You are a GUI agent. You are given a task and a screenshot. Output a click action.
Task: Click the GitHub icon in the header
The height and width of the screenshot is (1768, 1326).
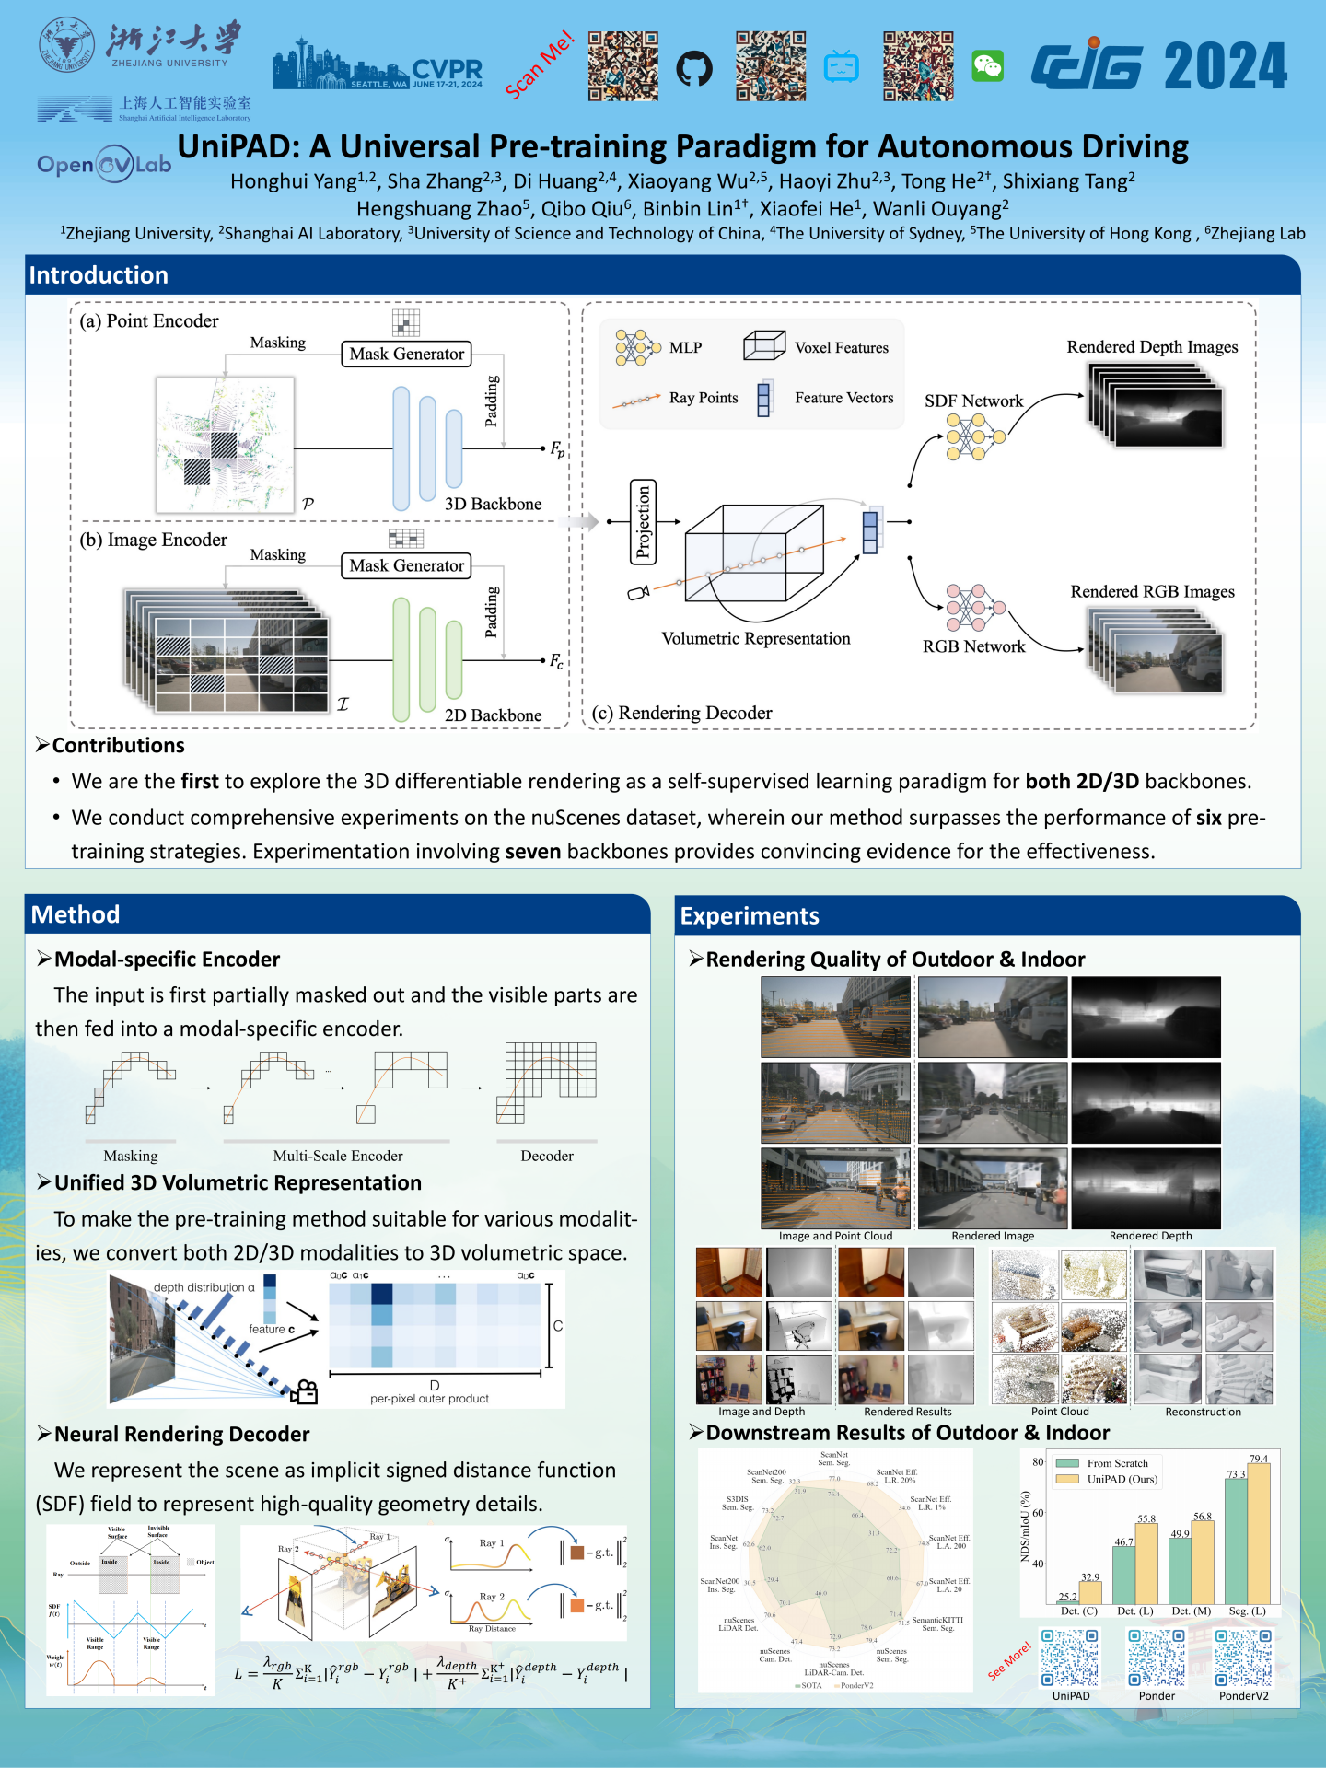[x=694, y=68]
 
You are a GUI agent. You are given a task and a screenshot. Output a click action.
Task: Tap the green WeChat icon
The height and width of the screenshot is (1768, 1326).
[x=988, y=66]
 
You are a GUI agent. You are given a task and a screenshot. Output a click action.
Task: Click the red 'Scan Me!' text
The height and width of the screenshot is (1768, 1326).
[x=540, y=64]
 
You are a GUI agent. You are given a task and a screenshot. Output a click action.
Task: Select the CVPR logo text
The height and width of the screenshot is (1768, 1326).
[x=448, y=70]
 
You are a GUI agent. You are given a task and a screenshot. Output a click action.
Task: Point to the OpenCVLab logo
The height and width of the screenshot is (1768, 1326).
[x=104, y=164]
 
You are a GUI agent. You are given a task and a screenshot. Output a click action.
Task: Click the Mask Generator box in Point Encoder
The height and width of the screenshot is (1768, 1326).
[x=406, y=354]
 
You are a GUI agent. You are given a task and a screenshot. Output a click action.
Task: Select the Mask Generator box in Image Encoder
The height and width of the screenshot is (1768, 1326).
[x=406, y=565]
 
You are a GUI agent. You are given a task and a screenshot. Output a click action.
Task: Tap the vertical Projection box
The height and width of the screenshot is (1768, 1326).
[x=643, y=521]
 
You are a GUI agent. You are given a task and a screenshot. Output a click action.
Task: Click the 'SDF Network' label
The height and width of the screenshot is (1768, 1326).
[x=973, y=401]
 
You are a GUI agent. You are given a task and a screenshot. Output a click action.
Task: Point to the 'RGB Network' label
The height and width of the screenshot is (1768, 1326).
[x=973, y=646]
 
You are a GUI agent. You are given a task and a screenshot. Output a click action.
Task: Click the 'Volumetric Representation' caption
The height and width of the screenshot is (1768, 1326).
[x=756, y=638]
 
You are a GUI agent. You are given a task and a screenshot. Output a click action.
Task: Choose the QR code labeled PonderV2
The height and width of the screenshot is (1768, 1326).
[x=1243, y=1657]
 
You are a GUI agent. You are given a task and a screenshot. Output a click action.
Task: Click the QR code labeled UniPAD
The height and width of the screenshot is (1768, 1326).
[x=1070, y=1657]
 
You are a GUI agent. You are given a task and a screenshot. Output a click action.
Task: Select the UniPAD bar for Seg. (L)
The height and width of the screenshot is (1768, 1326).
[x=1259, y=1533]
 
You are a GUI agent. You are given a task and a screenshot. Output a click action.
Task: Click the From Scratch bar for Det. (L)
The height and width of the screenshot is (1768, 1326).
[x=1123, y=1575]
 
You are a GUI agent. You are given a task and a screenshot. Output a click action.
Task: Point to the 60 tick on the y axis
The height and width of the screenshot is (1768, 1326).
[x=1038, y=1513]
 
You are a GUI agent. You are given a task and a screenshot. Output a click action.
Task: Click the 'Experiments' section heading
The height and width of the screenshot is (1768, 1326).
[x=750, y=916]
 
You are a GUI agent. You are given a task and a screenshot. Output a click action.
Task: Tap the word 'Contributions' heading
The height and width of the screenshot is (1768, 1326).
[x=118, y=745]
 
